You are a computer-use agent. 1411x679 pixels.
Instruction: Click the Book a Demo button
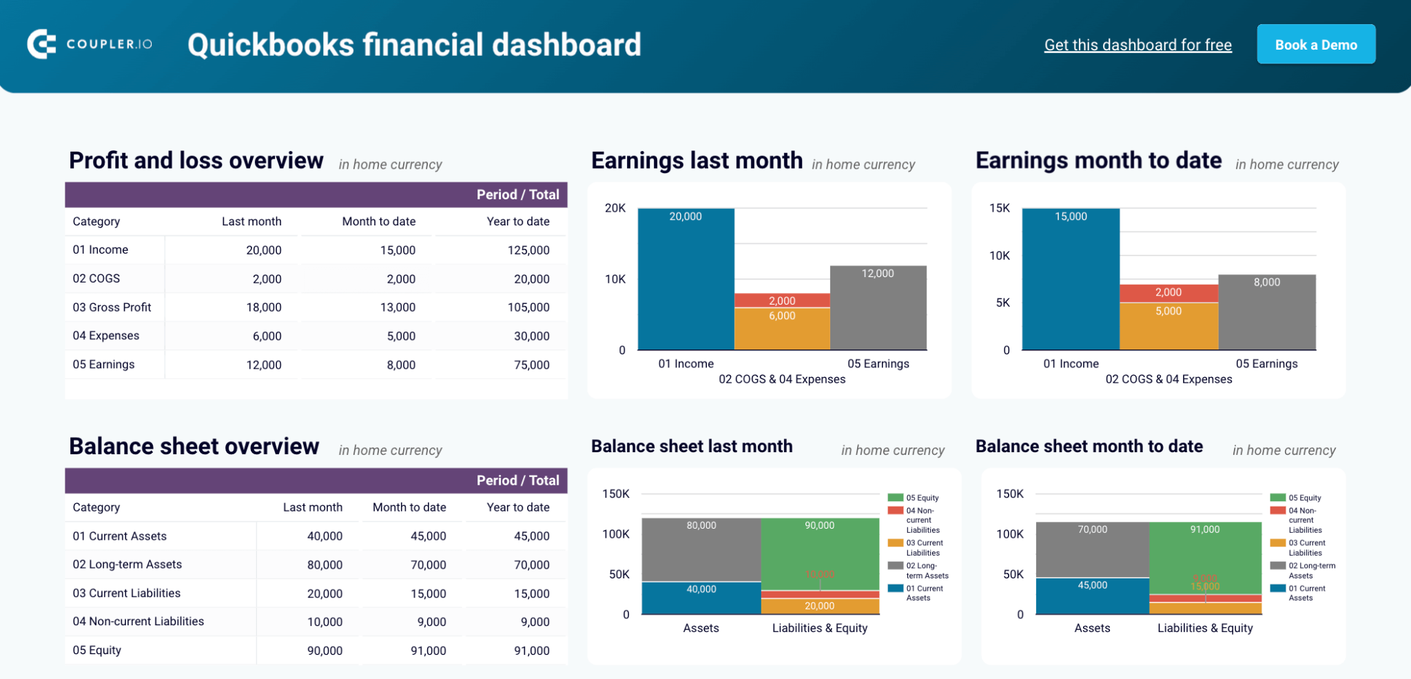point(1315,45)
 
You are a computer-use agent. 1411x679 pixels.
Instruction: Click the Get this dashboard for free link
point(1137,45)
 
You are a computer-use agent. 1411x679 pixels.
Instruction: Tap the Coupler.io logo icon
point(41,44)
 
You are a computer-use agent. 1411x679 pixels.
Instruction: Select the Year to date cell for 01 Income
point(528,250)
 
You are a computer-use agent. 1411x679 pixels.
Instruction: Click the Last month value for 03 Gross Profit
point(264,307)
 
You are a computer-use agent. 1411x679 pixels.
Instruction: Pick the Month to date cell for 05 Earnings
point(400,365)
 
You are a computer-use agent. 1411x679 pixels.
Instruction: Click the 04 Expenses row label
point(106,336)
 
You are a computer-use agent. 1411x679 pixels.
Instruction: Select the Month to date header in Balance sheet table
point(409,507)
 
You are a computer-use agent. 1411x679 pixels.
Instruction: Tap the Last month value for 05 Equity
point(325,650)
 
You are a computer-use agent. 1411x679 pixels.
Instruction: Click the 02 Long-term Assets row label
point(127,565)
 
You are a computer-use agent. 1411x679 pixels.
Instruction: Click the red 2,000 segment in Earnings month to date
point(1168,293)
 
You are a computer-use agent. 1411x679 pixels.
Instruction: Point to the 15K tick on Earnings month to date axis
point(999,208)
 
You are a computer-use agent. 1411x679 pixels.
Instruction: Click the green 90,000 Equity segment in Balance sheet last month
point(820,551)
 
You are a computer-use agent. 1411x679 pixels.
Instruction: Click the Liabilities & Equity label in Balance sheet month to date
point(1205,628)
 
